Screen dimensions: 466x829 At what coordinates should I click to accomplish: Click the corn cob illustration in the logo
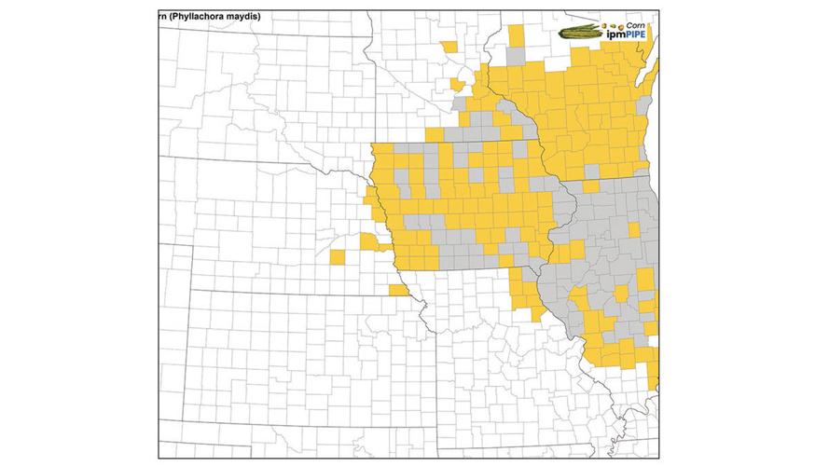(x=579, y=32)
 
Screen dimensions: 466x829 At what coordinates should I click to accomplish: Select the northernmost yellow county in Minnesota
(x=450, y=46)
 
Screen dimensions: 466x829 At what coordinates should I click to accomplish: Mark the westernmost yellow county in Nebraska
(x=337, y=256)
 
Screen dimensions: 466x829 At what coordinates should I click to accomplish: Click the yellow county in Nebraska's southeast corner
(x=398, y=291)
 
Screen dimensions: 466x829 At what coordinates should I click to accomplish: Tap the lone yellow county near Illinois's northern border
(x=590, y=186)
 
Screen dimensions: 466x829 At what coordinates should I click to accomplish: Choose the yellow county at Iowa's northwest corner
(x=381, y=152)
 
